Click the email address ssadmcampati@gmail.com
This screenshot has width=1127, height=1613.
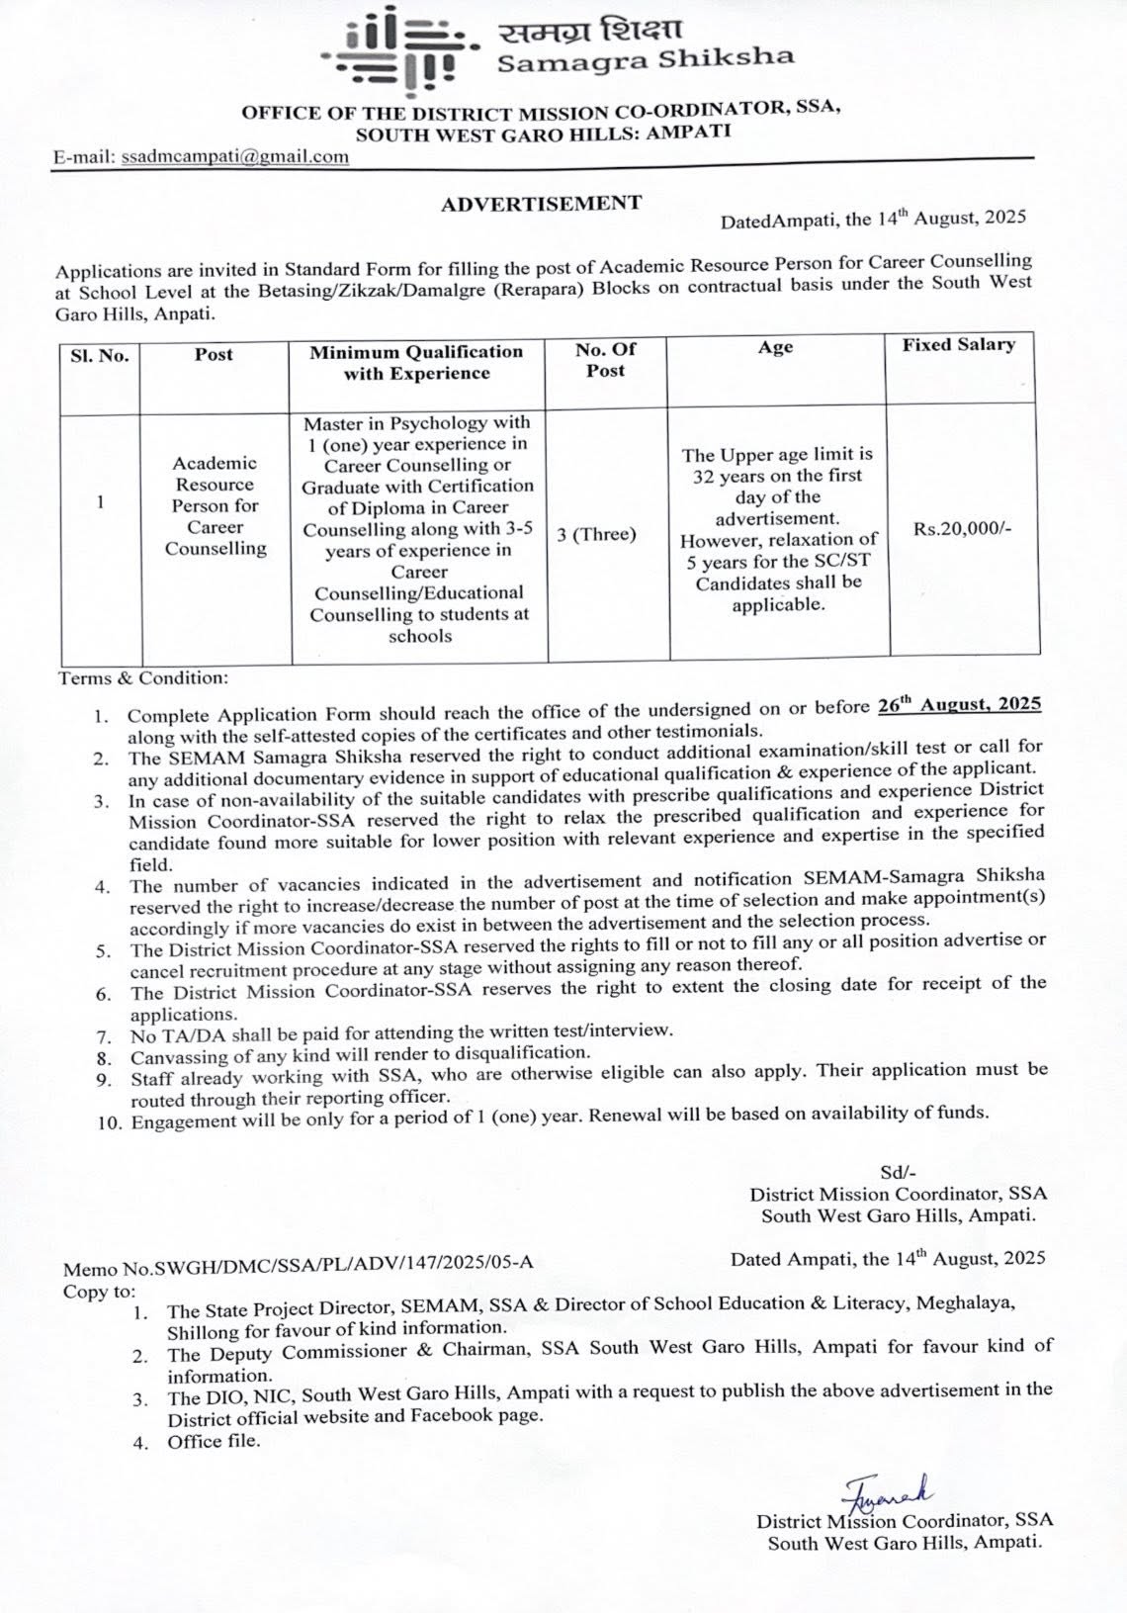[234, 156]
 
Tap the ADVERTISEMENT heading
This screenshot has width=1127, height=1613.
[541, 204]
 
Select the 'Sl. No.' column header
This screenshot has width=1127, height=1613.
[100, 355]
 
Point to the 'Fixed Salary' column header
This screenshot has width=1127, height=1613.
[958, 345]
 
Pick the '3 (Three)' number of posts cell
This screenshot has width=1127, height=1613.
[597, 535]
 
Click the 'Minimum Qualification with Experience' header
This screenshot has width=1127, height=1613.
[416, 362]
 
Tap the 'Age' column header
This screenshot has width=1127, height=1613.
[775, 347]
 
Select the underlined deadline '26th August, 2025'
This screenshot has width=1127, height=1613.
[959, 704]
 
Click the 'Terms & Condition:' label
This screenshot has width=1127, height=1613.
[143, 678]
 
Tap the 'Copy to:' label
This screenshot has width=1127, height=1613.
[100, 1292]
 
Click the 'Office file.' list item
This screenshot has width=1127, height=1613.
[214, 1441]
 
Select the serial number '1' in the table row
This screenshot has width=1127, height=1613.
[100, 501]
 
